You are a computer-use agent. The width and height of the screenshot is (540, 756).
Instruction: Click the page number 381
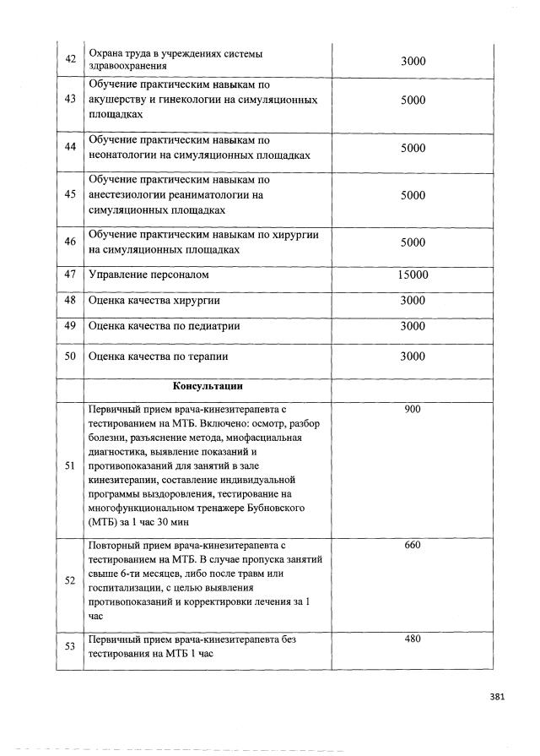click(x=497, y=697)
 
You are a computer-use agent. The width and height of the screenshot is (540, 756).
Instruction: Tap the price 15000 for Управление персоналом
click(x=413, y=275)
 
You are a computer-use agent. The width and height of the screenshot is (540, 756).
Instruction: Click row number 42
click(x=70, y=59)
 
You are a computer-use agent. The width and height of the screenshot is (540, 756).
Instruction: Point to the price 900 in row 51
click(x=413, y=410)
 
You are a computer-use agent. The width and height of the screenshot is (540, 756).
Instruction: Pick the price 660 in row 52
click(x=413, y=545)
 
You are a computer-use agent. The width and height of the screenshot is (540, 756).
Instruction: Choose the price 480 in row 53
click(x=413, y=639)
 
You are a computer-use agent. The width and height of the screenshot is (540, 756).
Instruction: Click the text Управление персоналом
click(x=148, y=275)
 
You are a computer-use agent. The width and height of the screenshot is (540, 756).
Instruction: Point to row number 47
click(x=70, y=275)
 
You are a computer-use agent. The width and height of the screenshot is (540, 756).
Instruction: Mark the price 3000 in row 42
click(x=413, y=60)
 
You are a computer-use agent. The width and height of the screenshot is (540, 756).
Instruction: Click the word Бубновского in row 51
click(x=274, y=507)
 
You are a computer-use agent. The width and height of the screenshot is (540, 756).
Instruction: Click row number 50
click(x=70, y=356)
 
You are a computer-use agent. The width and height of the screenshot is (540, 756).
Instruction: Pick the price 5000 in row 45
click(x=413, y=195)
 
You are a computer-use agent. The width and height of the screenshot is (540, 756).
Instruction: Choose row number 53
click(x=70, y=646)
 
